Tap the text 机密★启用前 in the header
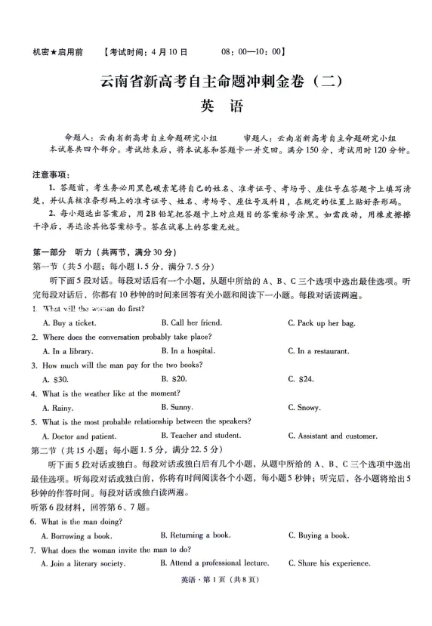[x=58, y=52]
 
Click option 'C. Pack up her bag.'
[x=321, y=323]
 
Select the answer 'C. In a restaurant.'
[x=318, y=351]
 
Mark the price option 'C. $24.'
[x=300, y=378]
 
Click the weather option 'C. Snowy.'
[x=304, y=408]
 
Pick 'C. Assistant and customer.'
[x=332, y=436]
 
